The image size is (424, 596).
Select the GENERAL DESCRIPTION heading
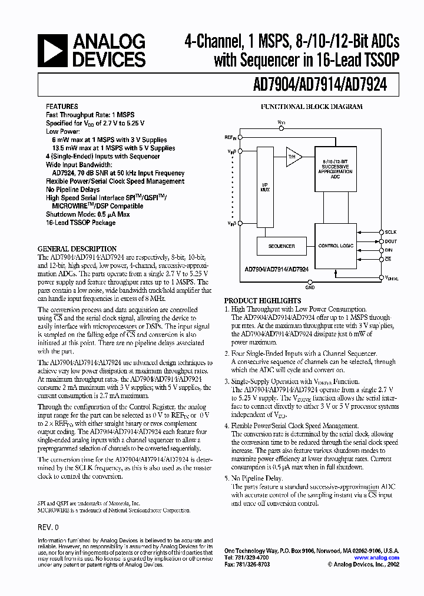coord(77,249)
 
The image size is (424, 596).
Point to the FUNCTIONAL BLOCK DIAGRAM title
coord(312,107)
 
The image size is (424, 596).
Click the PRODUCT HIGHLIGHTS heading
coord(263,300)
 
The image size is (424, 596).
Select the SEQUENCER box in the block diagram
coord(281,246)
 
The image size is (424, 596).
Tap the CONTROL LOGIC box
coord(336,246)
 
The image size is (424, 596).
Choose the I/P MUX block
coord(265,188)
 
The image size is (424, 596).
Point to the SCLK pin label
coord(391,233)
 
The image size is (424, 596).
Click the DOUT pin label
coord(391,241)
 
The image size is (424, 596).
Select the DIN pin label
coord(389,250)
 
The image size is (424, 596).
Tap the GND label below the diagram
coord(310,289)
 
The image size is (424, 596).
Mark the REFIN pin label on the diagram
coord(230,137)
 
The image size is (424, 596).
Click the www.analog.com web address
coord(376,558)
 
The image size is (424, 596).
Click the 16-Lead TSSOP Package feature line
coord(81,223)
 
